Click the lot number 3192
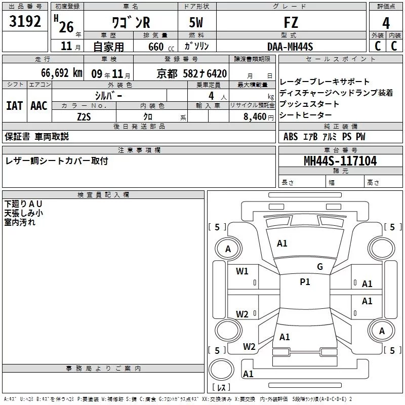[x=25, y=22]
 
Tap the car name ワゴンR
[x=131, y=23]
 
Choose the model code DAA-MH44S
[x=290, y=47]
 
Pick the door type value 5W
[x=196, y=23]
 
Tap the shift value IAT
[x=14, y=105]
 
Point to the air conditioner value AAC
[x=39, y=105]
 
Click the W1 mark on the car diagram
[x=242, y=271]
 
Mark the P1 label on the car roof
[x=305, y=282]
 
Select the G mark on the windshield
[x=320, y=267]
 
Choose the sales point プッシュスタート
[x=309, y=104]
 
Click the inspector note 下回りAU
[x=24, y=204]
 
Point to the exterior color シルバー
[x=108, y=95]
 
